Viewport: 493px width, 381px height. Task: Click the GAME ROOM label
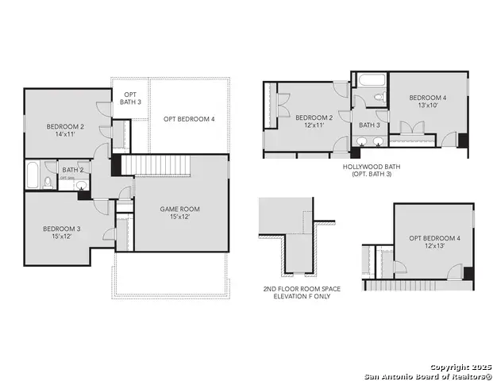(179, 209)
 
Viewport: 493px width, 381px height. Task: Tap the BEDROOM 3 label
(61, 229)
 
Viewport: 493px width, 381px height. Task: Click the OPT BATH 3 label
(130, 98)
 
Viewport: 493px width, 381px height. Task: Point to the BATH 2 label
(73, 169)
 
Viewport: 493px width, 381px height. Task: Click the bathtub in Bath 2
(33, 175)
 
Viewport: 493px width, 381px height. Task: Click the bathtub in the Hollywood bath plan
(369, 81)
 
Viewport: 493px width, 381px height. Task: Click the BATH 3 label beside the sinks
(369, 125)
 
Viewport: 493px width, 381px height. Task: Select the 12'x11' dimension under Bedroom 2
(314, 125)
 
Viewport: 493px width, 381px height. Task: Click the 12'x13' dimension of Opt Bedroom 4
(434, 246)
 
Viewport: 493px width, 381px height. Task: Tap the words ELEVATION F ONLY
(301, 297)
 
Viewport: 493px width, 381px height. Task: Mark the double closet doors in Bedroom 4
(410, 128)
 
